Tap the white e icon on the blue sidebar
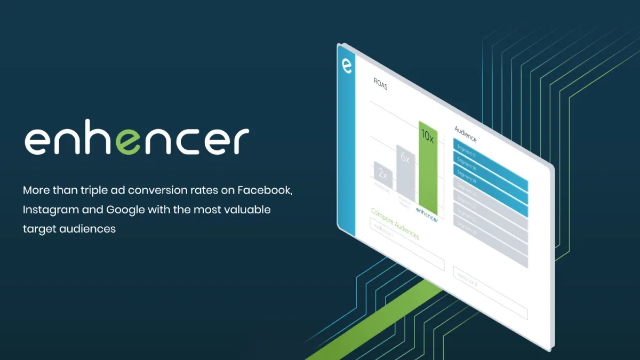pos(347,66)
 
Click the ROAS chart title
pos(380,85)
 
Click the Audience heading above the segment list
pos(465,134)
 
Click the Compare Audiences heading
pos(395,223)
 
